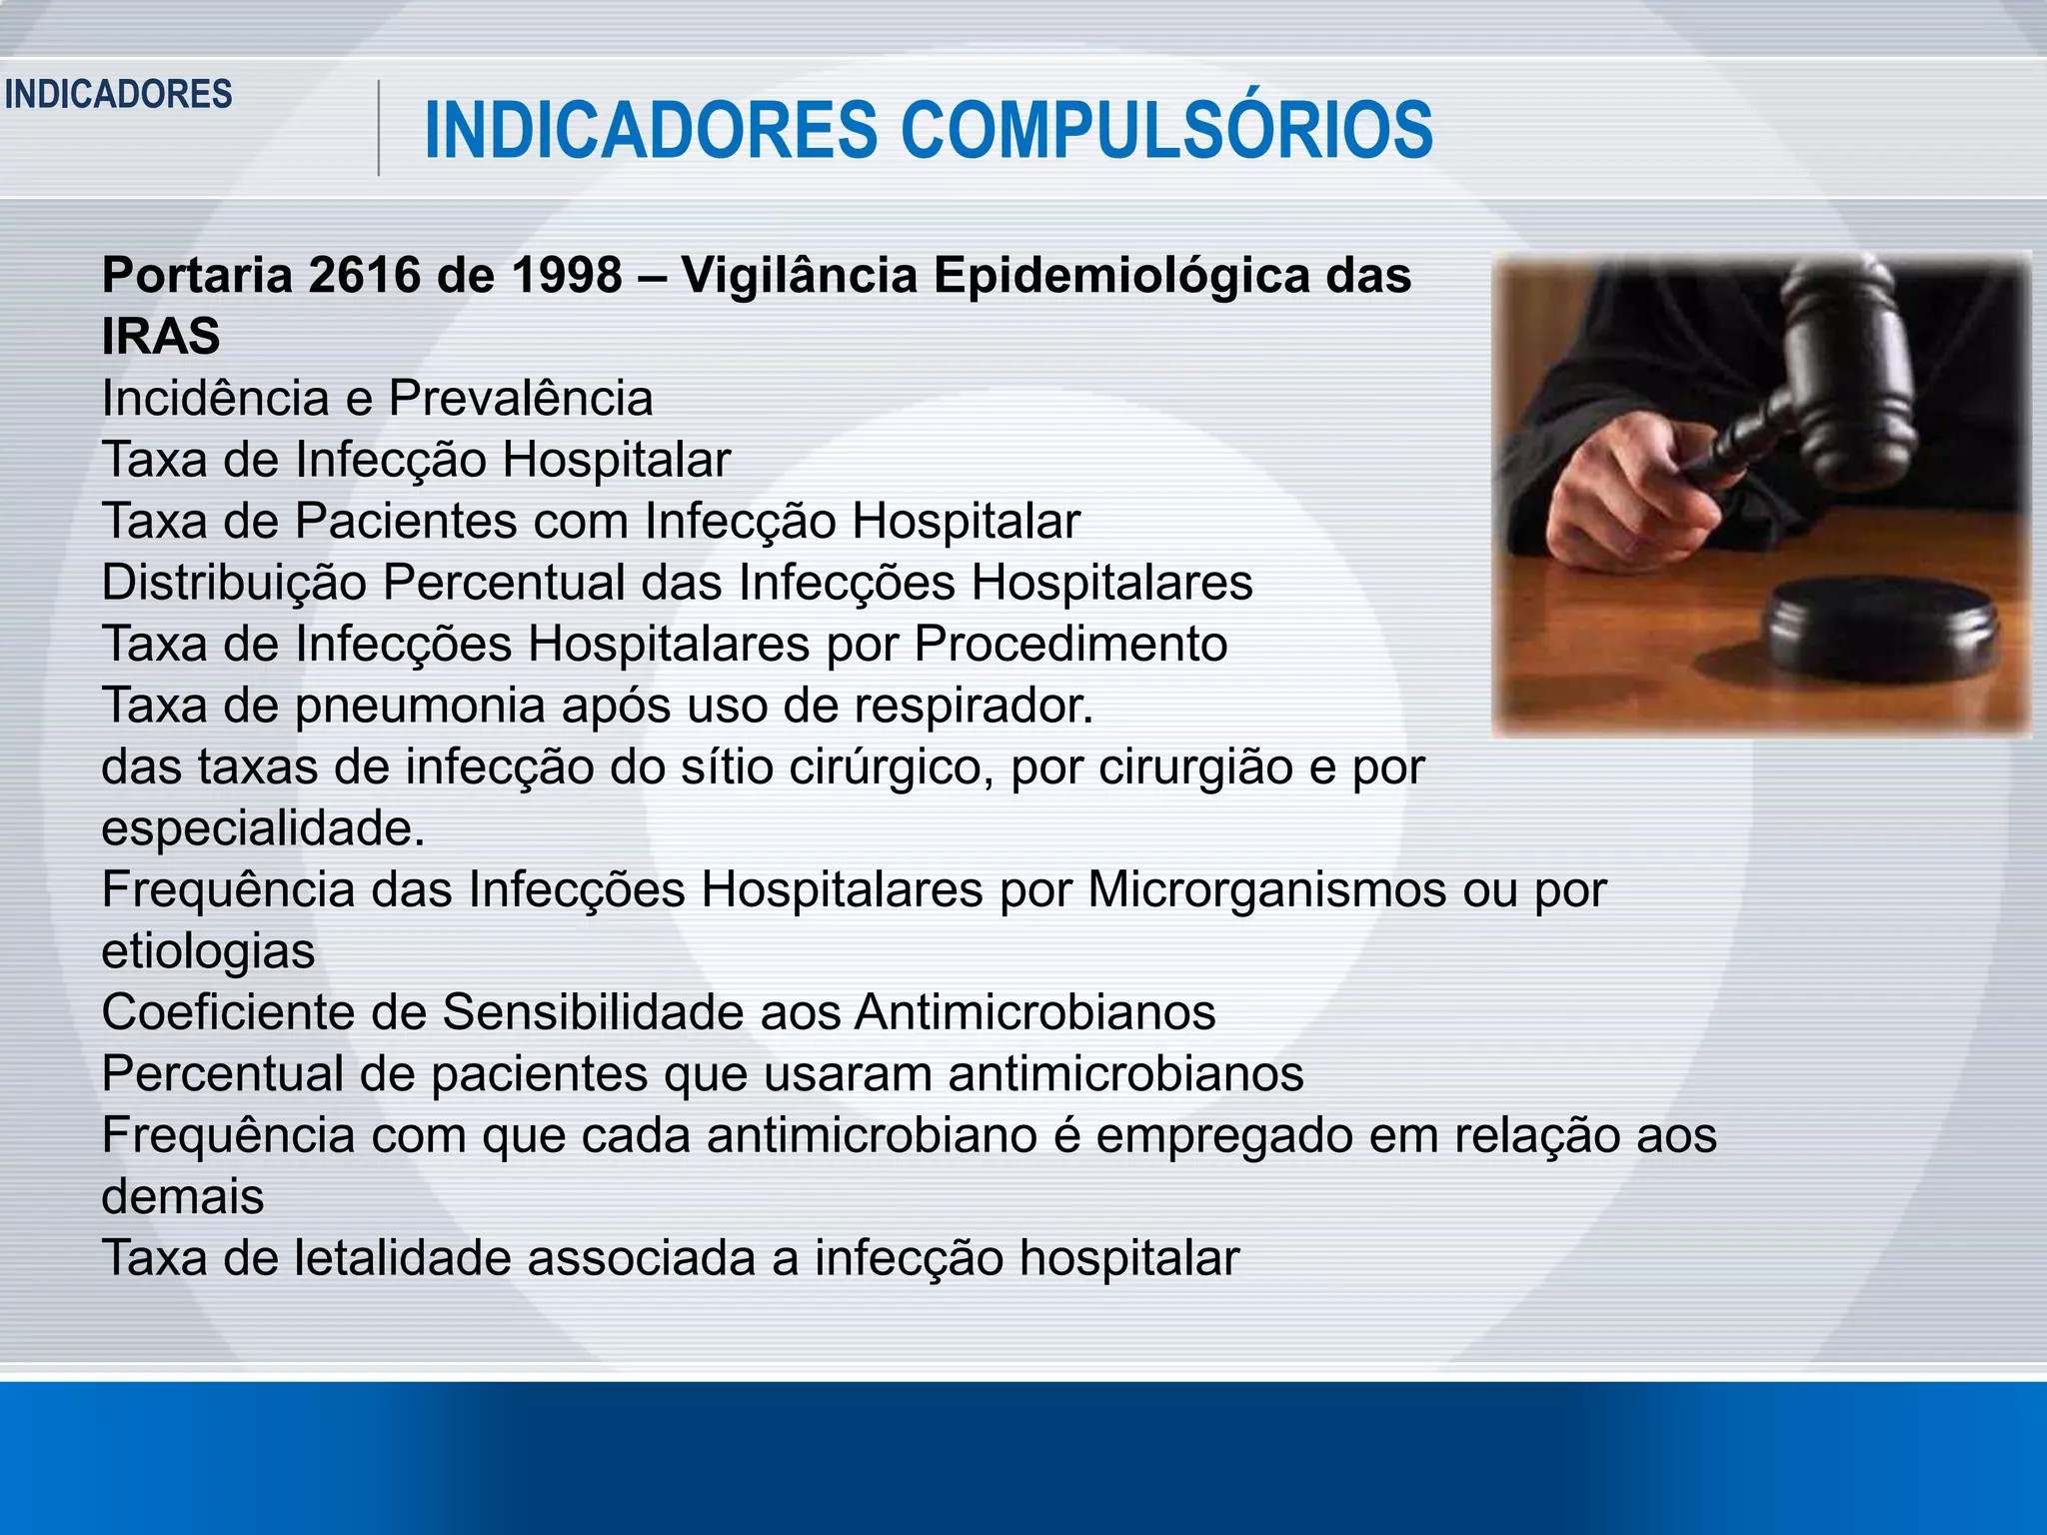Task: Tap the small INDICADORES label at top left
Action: [118, 95]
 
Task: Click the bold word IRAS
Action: [161, 336]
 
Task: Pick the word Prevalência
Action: [520, 398]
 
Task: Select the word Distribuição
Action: [234, 583]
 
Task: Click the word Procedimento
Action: [1070, 644]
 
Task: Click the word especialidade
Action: [262, 828]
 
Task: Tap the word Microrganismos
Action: [1266, 889]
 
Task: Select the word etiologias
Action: [208, 950]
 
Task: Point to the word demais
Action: [183, 1196]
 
